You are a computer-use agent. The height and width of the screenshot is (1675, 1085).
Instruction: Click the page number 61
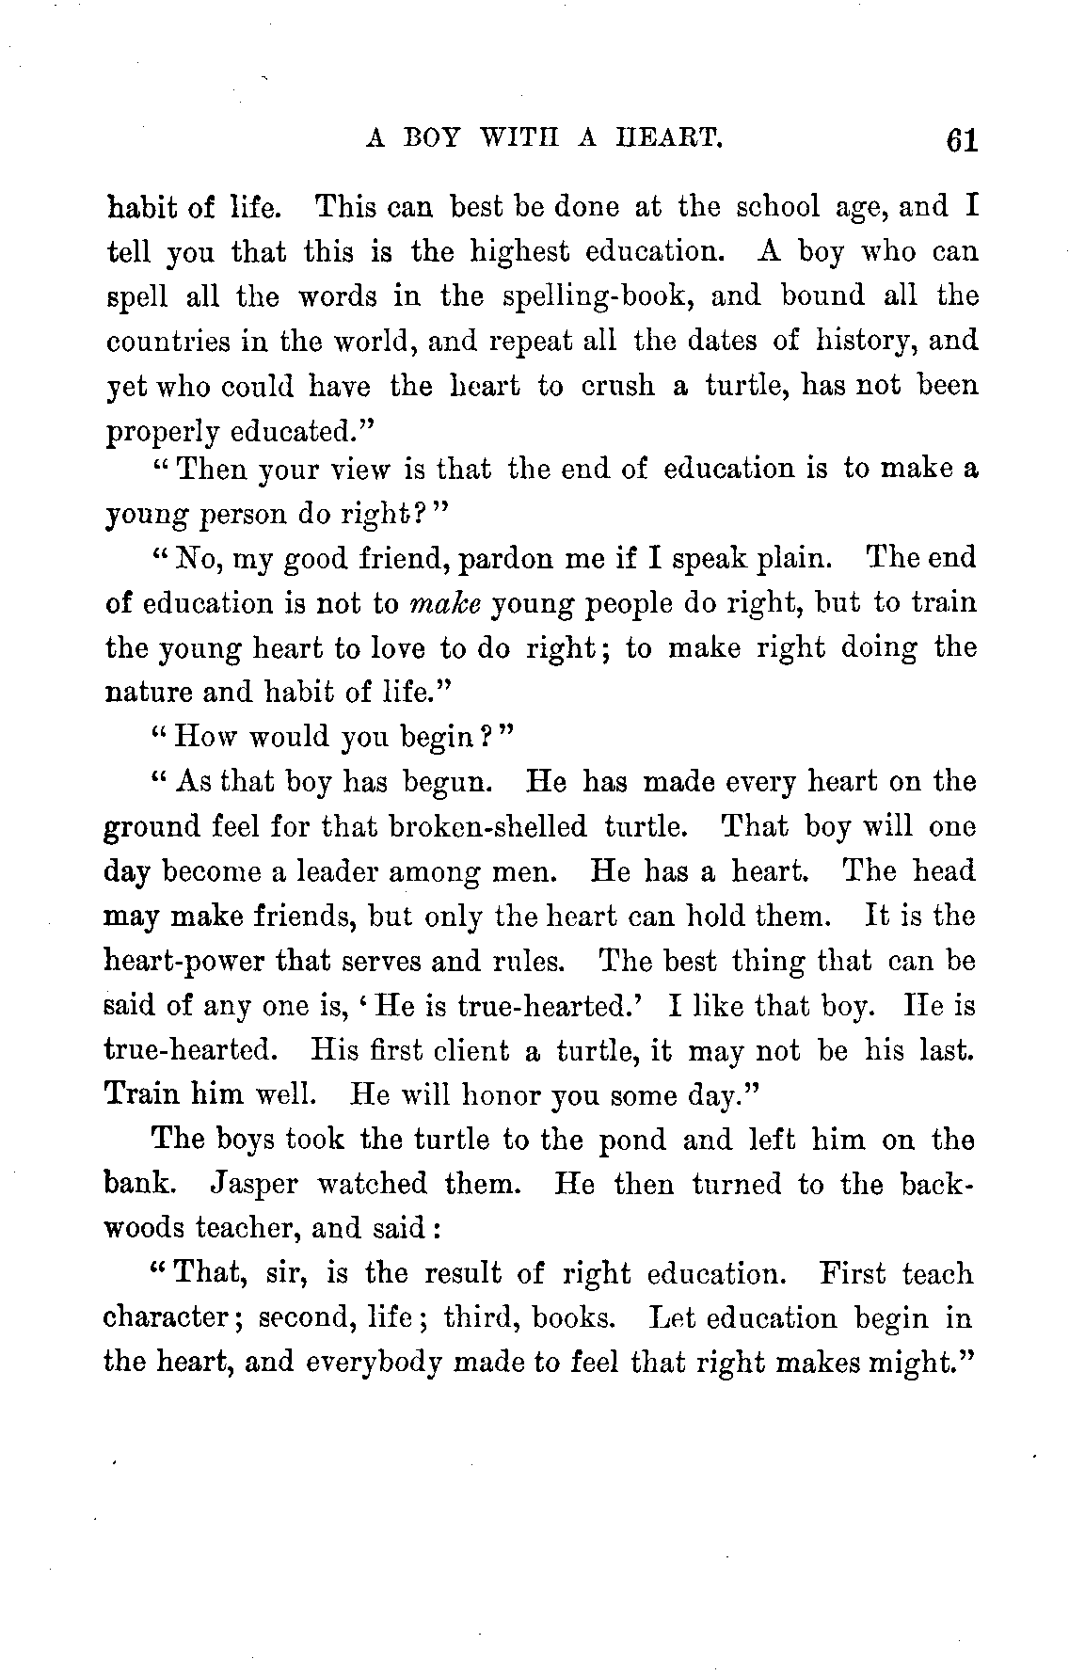[x=952, y=141]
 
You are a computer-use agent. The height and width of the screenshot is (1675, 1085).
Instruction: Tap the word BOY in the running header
[x=432, y=138]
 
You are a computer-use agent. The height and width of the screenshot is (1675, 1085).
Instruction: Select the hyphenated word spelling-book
[x=594, y=296]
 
